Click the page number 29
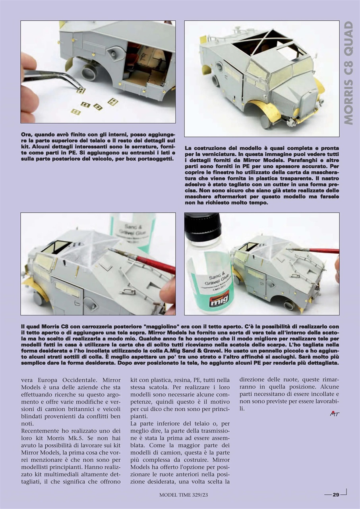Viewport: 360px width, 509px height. coord(336,495)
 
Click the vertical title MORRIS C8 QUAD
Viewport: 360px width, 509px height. coord(348,73)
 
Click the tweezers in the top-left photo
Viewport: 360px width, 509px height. coord(52,78)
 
